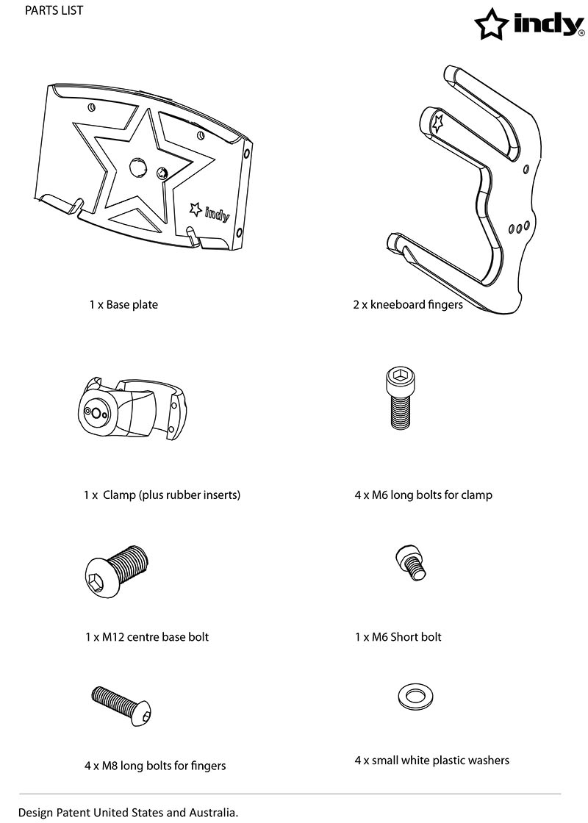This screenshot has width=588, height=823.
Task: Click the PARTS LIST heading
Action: pyautogui.click(x=54, y=10)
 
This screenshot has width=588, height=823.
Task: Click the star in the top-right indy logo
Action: pyautogui.click(x=491, y=24)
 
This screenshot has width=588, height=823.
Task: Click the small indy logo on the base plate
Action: pyautogui.click(x=209, y=212)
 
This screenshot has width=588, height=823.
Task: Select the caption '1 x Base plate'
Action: pyautogui.click(x=123, y=305)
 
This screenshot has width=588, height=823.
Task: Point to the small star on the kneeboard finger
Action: pyautogui.click(x=437, y=123)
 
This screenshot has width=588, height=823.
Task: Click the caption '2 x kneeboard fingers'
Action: pyautogui.click(x=408, y=305)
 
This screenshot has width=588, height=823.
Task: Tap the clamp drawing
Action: pyautogui.click(x=132, y=408)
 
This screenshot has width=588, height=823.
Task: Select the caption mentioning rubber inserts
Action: pyautogui.click(x=162, y=495)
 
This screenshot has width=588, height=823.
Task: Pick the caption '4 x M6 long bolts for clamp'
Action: pyautogui.click(x=423, y=495)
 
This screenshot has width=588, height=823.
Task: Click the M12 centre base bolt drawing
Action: pyautogui.click(x=117, y=570)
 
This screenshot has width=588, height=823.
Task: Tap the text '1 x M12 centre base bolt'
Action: pyautogui.click(x=147, y=637)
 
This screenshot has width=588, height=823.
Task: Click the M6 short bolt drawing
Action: pyautogui.click(x=410, y=562)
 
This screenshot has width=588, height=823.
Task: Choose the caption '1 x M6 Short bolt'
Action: pyautogui.click(x=398, y=637)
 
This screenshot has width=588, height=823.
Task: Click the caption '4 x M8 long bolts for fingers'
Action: pyautogui.click(x=155, y=766)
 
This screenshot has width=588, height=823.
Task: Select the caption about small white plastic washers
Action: pyautogui.click(x=431, y=761)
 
